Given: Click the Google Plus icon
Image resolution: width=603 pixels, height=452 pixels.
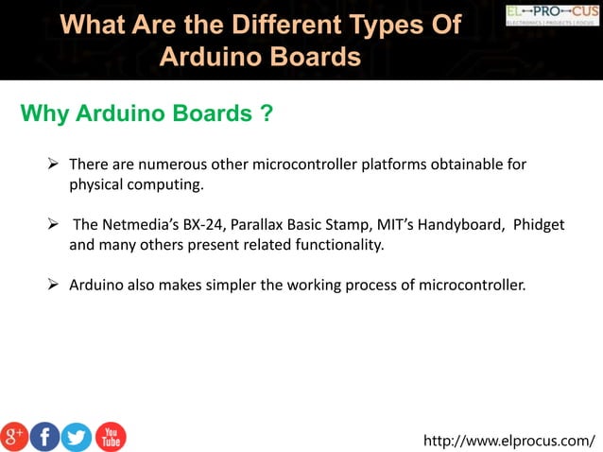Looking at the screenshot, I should pyautogui.click(x=14, y=436).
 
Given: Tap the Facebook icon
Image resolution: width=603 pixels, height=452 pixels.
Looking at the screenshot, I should pyautogui.click(x=44, y=436).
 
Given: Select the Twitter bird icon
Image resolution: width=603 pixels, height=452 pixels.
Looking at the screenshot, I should pyautogui.click(x=77, y=436).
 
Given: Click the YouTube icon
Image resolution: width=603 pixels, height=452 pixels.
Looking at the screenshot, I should pyautogui.click(x=110, y=436).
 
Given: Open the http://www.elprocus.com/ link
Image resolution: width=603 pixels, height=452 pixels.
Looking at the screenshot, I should pyautogui.click(x=509, y=440).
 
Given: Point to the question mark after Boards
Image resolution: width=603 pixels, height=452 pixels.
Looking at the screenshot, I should pyautogui.click(x=267, y=115).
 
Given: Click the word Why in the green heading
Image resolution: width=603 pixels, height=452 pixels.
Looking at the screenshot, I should pyautogui.click(x=44, y=115).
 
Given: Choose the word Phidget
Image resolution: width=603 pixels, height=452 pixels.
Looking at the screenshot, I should pyautogui.click(x=539, y=224).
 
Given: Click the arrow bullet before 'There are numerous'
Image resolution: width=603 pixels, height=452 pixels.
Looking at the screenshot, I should pyautogui.click(x=55, y=165).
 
